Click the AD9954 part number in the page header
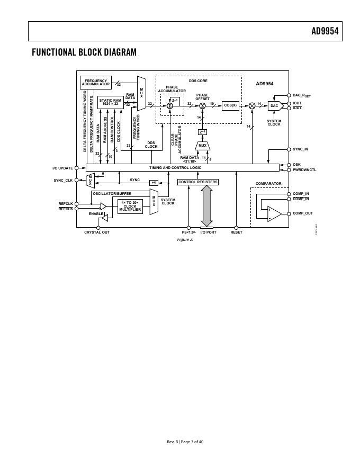point(324,31)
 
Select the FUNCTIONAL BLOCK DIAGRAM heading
point(84,52)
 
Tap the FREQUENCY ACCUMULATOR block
point(96,83)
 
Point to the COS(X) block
point(230,105)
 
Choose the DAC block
point(274,106)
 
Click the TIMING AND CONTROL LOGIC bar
point(183,167)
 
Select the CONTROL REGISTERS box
point(198,182)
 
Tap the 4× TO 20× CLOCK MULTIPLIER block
point(130,207)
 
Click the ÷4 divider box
point(154,182)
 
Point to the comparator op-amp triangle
point(274,213)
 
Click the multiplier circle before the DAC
point(252,106)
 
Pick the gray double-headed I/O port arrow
point(206,205)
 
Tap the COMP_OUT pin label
point(303,213)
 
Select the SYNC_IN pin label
point(300,149)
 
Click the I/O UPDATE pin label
point(62,168)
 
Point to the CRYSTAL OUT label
point(97,232)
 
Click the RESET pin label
point(236,232)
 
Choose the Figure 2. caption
point(185,239)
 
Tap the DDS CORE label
point(198,81)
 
